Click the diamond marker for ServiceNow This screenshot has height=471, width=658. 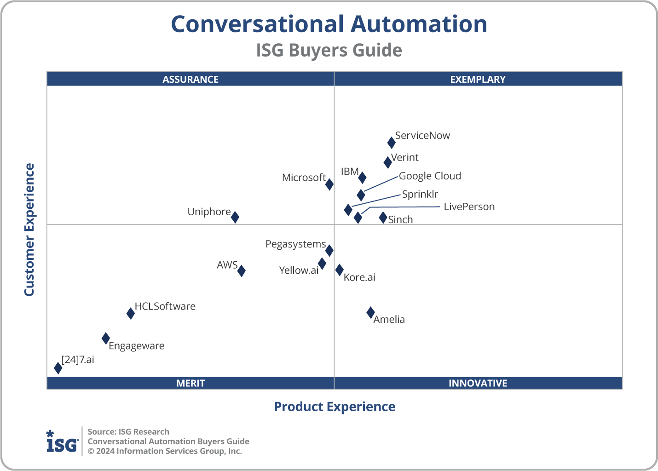coord(391,143)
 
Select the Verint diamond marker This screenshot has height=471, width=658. coord(388,162)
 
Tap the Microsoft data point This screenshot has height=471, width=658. coord(329,184)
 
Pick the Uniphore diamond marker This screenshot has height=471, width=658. coord(235,217)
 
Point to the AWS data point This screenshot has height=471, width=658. coord(242,271)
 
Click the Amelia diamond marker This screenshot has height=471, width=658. coord(370,313)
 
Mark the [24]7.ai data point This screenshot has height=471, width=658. coord(58,368)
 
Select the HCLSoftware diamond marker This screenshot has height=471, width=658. coord(131,314)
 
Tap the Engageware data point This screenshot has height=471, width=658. coord(106,339)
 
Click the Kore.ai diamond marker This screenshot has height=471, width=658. coord(339,270)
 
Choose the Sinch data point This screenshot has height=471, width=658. coord(383,218)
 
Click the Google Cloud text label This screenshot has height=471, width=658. coord(430,176)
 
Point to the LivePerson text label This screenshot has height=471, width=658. coord(469,207)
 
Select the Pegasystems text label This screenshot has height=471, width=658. coord(295,244)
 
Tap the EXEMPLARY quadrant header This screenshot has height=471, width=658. coord(478,80)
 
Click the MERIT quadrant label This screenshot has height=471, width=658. coord(190,383)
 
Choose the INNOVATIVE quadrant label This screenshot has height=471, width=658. coord(478,383)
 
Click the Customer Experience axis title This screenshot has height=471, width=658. coord(29,230)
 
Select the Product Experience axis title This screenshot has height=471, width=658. coord(335,407)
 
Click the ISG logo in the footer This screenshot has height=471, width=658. coord(62,442)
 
